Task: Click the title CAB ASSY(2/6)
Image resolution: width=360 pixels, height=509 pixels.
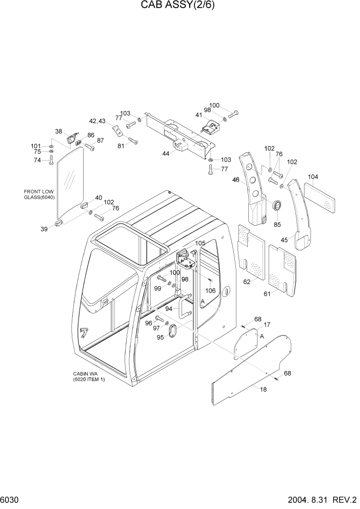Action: (179, 7)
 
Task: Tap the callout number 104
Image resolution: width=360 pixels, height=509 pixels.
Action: (313, 177)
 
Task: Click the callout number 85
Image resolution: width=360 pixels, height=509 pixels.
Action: (277, 224)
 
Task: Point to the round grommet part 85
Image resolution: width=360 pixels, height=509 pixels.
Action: (277, 206)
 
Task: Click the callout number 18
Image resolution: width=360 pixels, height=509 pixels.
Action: (263, 390)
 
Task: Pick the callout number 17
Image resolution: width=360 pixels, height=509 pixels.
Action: (267, 325)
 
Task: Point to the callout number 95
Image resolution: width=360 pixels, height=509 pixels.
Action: (161, 337)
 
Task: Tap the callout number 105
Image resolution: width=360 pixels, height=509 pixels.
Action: (201, 243)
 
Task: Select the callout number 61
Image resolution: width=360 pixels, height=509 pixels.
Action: (267, 293)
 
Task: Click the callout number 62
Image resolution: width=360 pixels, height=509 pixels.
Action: (247, 282)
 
